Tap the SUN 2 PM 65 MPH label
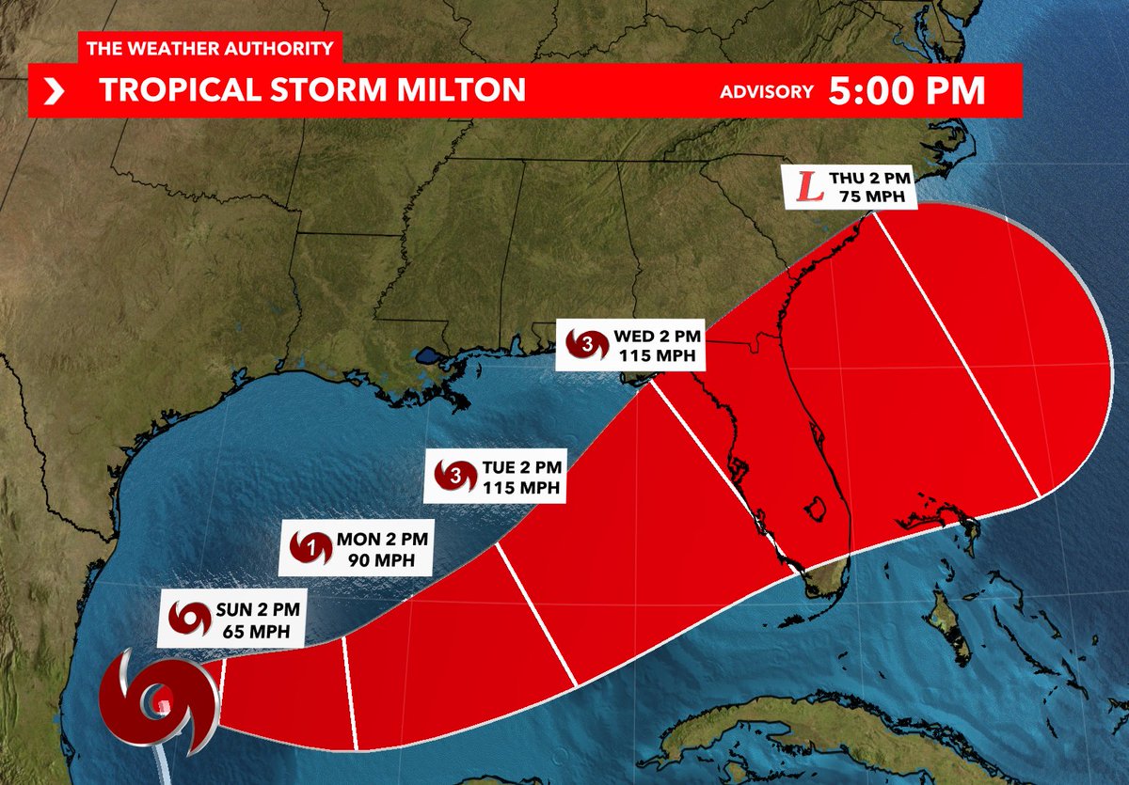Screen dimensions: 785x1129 pos(230,619)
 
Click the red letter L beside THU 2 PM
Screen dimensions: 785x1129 pos(805,185)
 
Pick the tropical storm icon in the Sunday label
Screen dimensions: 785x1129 pos(190,619)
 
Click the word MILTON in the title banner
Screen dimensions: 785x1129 pos(450,90)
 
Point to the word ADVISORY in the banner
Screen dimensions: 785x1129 pos(766,91)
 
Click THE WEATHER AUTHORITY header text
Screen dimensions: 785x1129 pos(209,48)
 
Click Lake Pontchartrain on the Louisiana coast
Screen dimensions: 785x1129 pos(429,356)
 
